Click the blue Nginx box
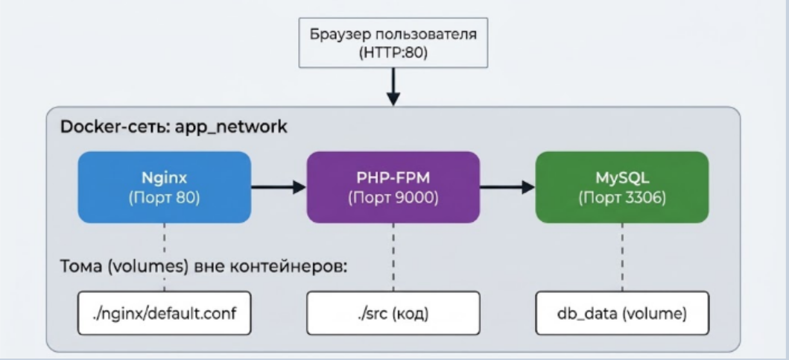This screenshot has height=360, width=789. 164,187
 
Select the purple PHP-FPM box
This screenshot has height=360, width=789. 393,187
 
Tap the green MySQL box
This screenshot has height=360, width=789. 622,187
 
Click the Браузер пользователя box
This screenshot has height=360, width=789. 393,42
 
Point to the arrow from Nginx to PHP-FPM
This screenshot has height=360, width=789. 279,187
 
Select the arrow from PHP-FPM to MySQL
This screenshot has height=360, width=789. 507,187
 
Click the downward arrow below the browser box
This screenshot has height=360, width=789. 393,86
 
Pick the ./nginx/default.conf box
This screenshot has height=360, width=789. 164,313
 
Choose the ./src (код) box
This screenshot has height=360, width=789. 393,313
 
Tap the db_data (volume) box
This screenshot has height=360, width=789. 622,313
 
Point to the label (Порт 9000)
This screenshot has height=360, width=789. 393,198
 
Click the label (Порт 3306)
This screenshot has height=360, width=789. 622,198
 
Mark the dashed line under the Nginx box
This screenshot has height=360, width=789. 164,257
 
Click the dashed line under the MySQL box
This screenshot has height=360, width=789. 622,257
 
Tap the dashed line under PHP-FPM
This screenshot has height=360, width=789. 393,257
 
